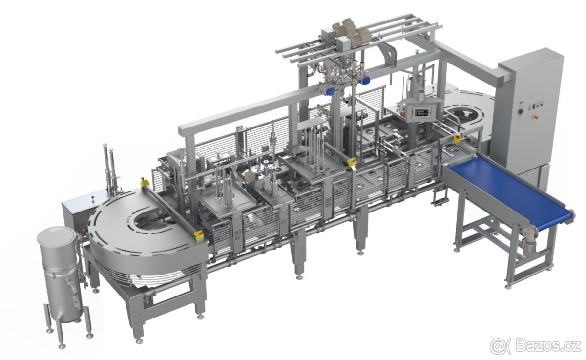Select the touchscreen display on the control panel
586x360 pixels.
pyautogui.click(x=500, y=113)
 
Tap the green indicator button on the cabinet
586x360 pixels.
pyautogui.click(x=538, y=106)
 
